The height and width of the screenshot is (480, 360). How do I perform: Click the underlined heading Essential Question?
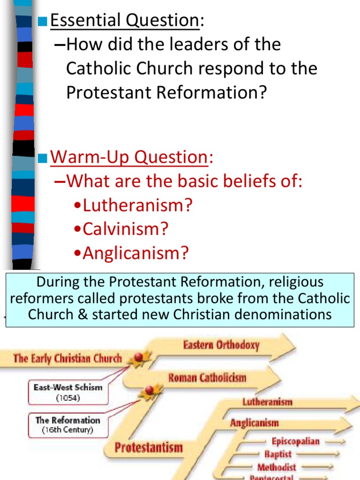click(124, 20)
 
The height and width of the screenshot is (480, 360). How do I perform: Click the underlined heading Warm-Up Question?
click(129, 157)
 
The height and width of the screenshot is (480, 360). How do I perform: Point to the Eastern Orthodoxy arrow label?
click(221, 345)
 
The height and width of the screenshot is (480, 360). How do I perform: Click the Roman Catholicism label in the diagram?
click(207, 377)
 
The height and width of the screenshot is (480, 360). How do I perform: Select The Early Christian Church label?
click(67, 359)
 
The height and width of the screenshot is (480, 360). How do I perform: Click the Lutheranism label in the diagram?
click(267, 402)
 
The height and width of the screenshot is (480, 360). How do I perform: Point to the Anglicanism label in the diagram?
click(254, 423)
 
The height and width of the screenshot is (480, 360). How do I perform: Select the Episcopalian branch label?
click(295, 441)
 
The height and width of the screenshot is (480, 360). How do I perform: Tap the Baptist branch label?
click(277, 454)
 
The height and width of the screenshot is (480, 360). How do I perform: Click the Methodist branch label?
click(277, 467)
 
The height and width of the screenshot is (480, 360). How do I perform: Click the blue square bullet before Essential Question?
click(43, 21)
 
